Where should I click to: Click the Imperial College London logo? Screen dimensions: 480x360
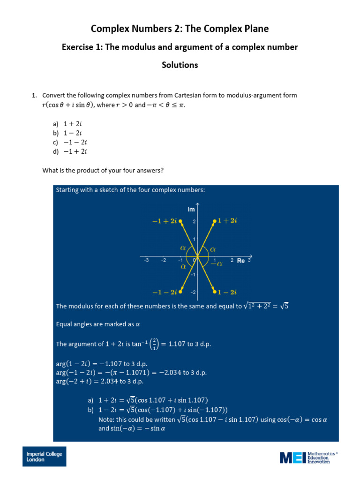pos(45,457)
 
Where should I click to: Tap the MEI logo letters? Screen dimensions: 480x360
pos(292,457)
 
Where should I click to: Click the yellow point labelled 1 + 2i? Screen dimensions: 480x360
pos(215,221)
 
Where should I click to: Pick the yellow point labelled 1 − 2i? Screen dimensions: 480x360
pos(215,292)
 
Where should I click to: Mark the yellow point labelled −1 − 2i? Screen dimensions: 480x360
pos(180,292)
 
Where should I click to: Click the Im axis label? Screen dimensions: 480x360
pos(191,210)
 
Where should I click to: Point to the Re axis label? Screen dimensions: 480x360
pos(241,261)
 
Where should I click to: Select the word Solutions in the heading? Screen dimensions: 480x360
pos(180,65)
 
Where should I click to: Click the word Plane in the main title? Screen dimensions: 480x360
pos(253,29)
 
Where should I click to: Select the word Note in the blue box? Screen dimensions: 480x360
pos(106,420)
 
